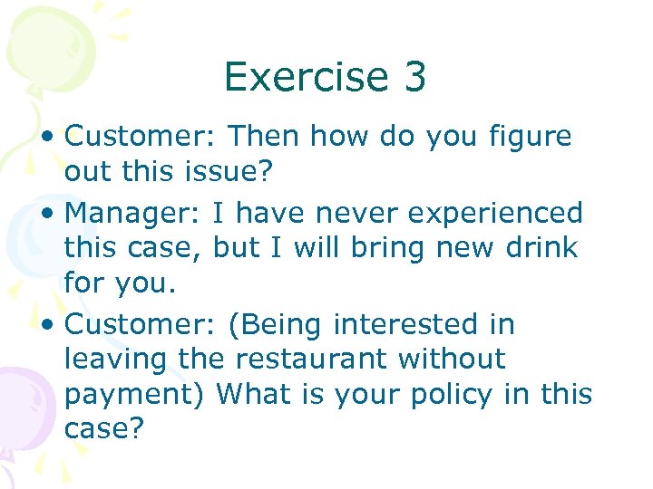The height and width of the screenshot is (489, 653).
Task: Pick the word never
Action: (x=346, y=214)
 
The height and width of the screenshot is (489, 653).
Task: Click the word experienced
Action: (x=491, y=214)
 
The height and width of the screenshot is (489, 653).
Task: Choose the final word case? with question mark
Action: (x=104, y=429)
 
